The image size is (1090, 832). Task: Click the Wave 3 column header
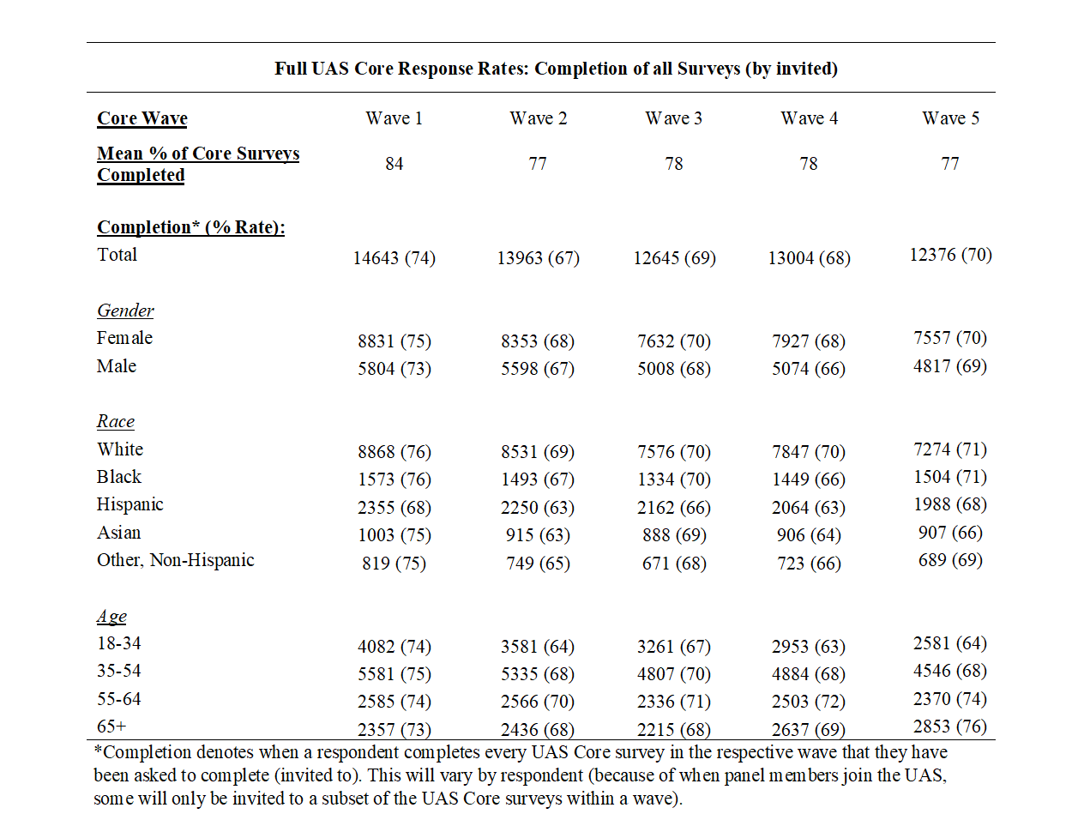click(x=673, y=118)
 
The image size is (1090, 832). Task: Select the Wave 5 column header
click(x=950, y=118)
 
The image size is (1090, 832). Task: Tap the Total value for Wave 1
click(x=394, y=258)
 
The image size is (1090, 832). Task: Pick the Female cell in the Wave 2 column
click(x=538, y=341)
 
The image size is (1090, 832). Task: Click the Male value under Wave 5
click(x=950, y=366)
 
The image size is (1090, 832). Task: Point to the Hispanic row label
click(x=129, y=504)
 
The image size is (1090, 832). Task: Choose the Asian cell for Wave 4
click(x=809, y=535)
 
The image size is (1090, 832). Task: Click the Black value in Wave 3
click(x=674, y=479)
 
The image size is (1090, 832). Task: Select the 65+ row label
click(x=111, y=726)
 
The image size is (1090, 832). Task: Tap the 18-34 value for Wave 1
click(x=394, y=647)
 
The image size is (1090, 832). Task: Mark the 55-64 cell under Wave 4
click(x=809, y=702)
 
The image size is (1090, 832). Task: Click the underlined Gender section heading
click(x=125, y=310)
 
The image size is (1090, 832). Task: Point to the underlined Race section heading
click(x=115, y=421)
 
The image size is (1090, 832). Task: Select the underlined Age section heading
click(x=111, y=617)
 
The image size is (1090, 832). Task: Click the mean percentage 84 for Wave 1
click(x=394, y=164)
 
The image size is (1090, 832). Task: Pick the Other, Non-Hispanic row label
click(x=175, y=560)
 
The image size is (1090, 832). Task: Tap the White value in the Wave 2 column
click(x=538, y=452)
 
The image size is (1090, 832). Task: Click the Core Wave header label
click(x=142, y=118)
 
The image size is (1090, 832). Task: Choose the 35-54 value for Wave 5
click(x=950, y=671)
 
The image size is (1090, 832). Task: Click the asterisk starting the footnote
click(x=99, y=748)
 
